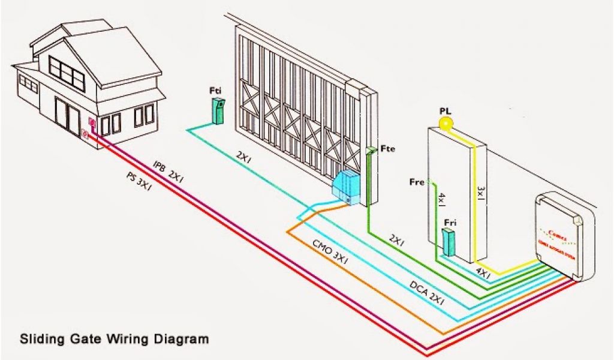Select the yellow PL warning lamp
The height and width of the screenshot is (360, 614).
[x=446, y=124]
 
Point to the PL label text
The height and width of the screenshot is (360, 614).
[x=445, y=110]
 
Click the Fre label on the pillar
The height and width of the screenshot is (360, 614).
[x=417, y=181]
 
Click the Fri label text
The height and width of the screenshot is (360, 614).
[x=450, y=223]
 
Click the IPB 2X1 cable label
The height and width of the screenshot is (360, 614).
[x=167, y=171]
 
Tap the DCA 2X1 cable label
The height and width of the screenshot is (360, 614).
[x=427, y=293]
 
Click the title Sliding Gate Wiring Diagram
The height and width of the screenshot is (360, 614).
[x=115, y=339]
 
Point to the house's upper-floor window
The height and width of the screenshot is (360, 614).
[x=67, y=70]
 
